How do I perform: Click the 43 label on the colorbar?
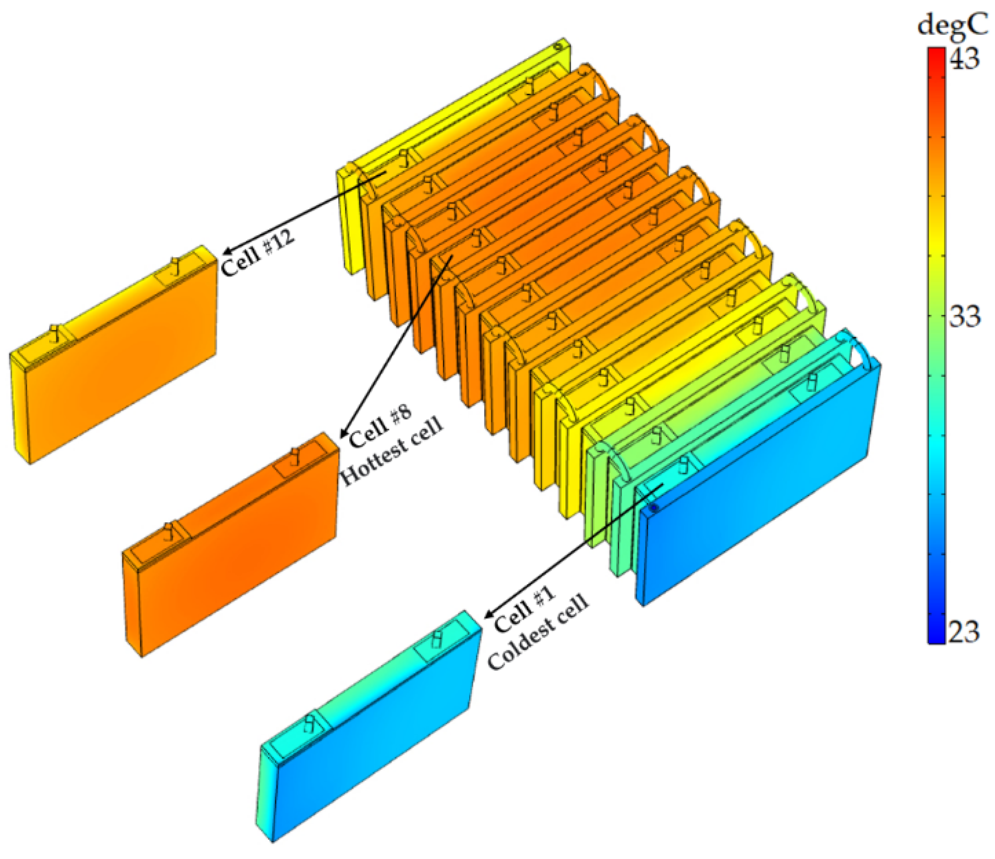pos(964,59)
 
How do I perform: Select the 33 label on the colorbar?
pos(964,316)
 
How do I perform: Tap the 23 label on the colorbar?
pos(964,632)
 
